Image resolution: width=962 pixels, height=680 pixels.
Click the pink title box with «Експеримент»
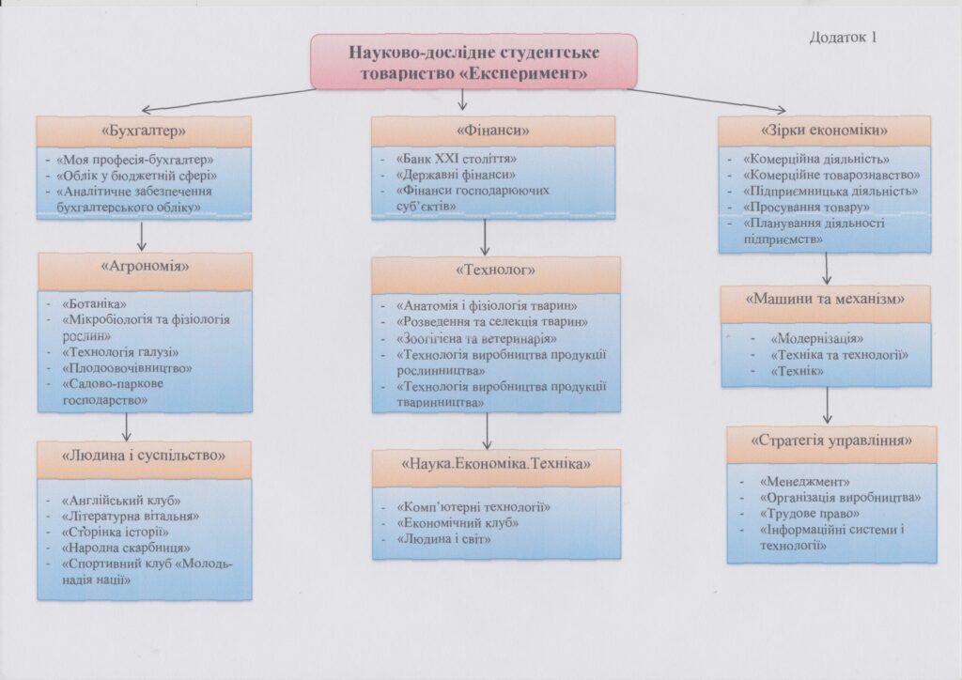(x=473, y=60)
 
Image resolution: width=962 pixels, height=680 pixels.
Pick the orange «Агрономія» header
(x=146, y=267)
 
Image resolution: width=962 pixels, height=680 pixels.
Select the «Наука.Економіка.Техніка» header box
(x=485, y=464)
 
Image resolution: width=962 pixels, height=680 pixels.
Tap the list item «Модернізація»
(x=816, y=338)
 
